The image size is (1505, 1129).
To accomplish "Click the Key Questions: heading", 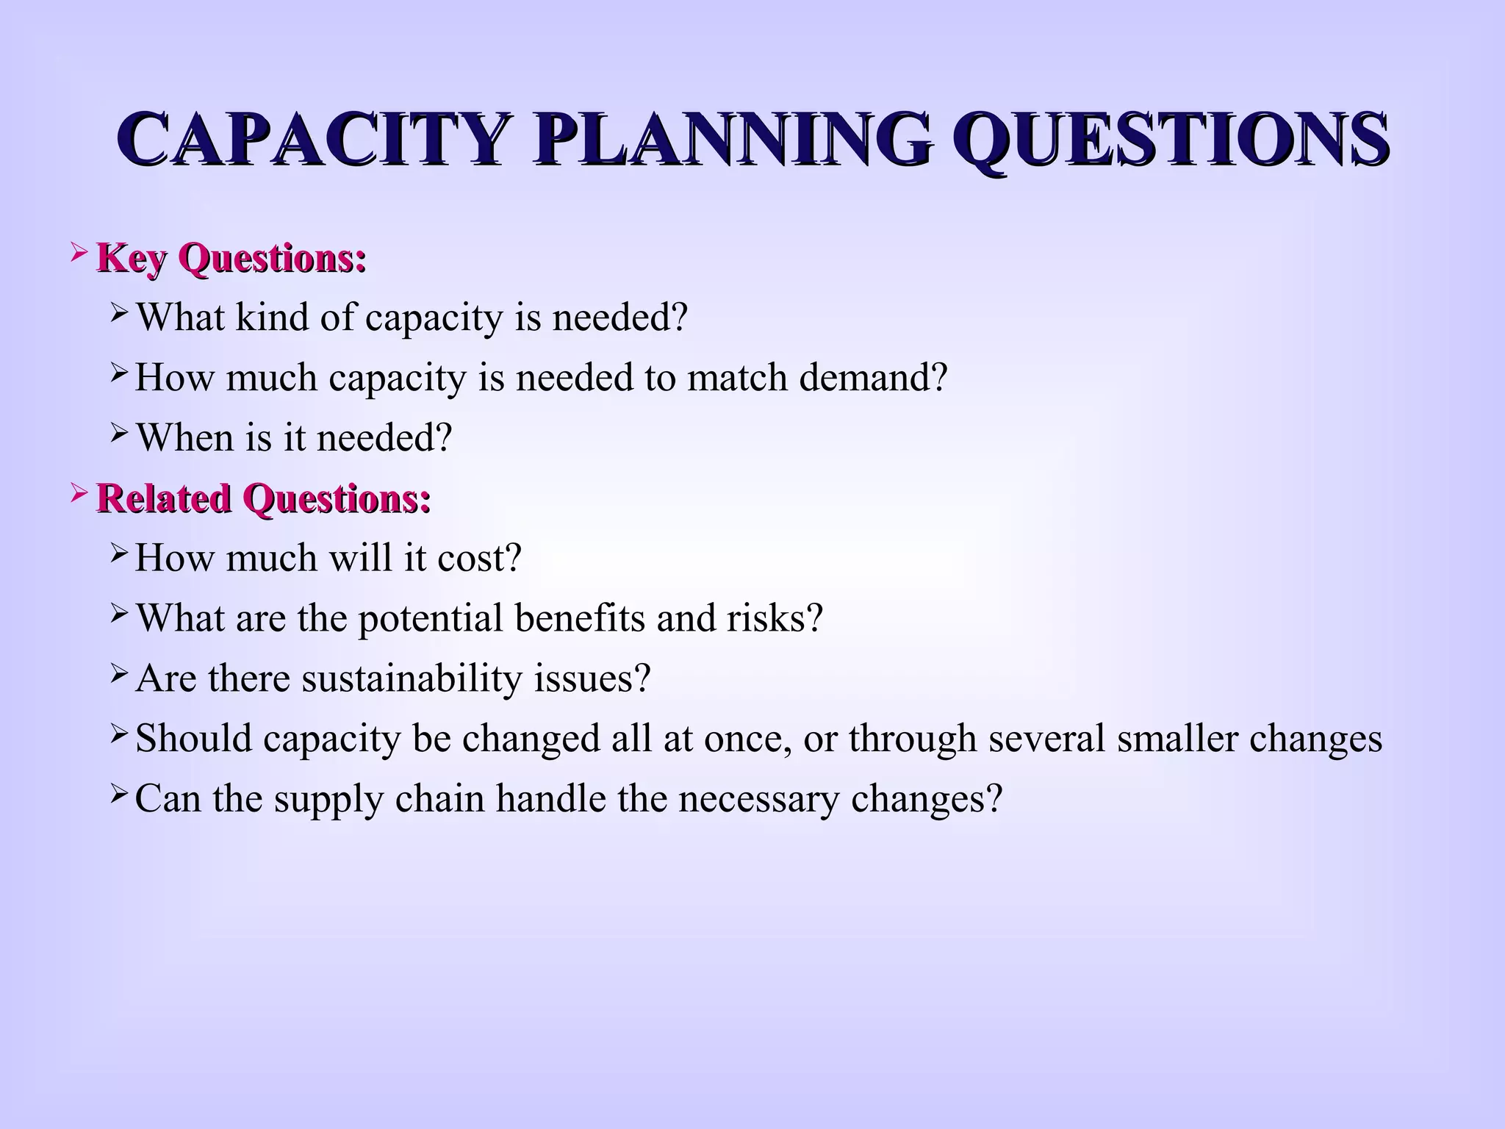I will coord(231,259).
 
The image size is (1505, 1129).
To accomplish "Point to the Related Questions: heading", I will coord(263,498).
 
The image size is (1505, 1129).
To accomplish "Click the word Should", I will coord(194,738).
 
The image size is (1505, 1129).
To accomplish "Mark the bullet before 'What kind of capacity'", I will coord(119,315).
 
